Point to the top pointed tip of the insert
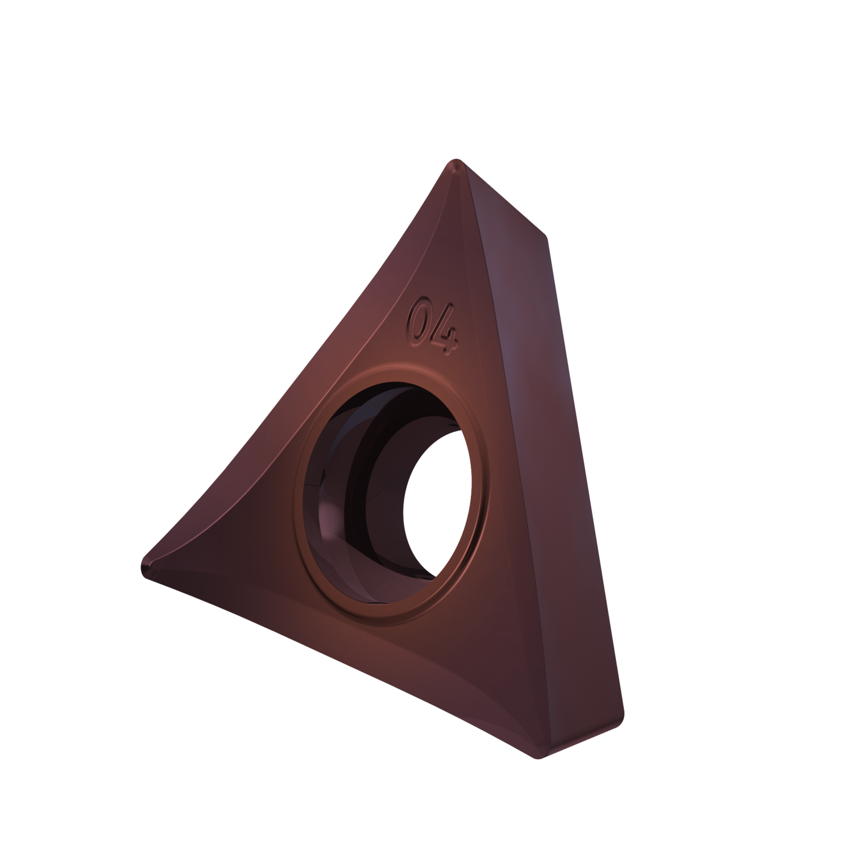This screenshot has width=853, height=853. (x=454, y=163)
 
